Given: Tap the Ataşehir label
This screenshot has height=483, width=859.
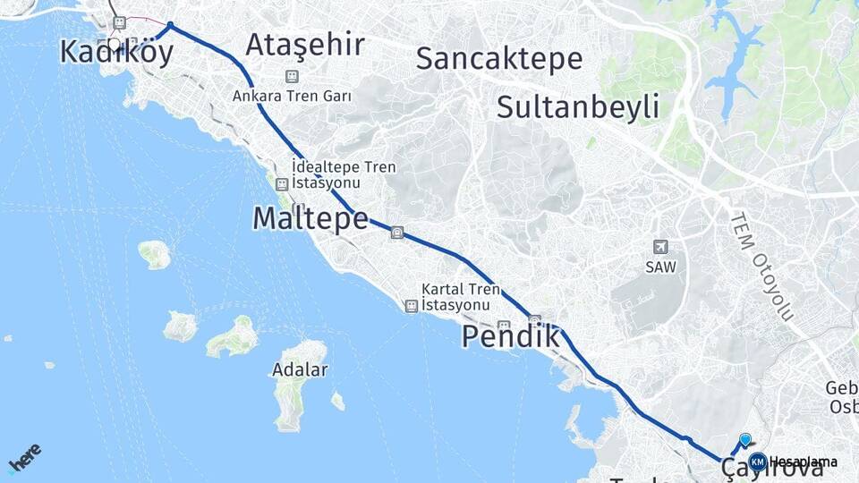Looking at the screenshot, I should [305, 44].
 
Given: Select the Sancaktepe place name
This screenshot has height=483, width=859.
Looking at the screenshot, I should [499, 59].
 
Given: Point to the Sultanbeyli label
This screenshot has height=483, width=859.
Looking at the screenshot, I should [578, 107].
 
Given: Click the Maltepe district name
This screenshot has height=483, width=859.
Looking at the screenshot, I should [310, 217].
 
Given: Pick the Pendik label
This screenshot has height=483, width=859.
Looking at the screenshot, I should [511, 337].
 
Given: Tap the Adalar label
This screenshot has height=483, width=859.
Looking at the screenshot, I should [300, 369].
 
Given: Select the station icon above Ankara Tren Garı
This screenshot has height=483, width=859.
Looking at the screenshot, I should [291, 77].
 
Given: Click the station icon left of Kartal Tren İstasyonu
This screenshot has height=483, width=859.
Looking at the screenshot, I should [411, 306].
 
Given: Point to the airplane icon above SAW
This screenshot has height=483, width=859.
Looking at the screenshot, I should [660, 247].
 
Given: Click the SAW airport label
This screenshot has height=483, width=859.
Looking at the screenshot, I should [660, 267].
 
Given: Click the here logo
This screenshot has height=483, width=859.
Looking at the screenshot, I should [24, 458].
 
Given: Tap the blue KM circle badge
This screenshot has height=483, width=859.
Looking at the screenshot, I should [758, 462].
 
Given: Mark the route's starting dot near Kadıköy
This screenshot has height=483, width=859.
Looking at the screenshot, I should [170, 25].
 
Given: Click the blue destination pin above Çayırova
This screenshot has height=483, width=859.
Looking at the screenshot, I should [745, 439].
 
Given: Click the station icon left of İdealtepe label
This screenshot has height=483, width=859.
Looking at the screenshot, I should [282, 184].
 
